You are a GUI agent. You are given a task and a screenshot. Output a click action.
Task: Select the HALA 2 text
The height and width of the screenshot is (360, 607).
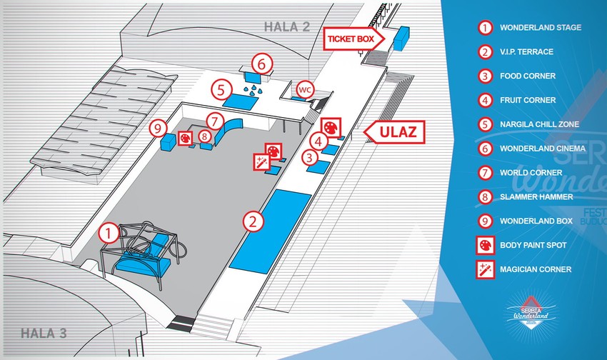point(286,27)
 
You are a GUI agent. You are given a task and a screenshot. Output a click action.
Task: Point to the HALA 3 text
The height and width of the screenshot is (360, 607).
point(43,332)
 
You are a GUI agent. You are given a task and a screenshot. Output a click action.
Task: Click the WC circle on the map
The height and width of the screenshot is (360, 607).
point(304,90)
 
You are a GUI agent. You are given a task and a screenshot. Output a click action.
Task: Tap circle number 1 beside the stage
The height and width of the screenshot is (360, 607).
point(108,231)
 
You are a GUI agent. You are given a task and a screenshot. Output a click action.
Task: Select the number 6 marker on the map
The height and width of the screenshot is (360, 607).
point(261,64)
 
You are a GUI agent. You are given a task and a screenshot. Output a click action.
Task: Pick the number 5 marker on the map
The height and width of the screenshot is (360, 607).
point(221,91)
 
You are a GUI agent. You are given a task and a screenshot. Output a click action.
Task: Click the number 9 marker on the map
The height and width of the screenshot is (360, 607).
point(159,129)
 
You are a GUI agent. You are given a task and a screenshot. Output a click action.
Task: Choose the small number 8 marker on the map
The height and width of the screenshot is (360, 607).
point(204,135)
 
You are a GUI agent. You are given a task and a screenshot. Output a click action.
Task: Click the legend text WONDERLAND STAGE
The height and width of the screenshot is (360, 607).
point(541,28)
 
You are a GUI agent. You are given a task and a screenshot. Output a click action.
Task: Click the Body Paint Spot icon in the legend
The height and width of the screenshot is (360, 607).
point(486,246)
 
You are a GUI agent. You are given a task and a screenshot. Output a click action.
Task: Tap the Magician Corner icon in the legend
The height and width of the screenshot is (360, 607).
point(486,270)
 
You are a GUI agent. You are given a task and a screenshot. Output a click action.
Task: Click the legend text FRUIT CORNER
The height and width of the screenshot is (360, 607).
point(528,100)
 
